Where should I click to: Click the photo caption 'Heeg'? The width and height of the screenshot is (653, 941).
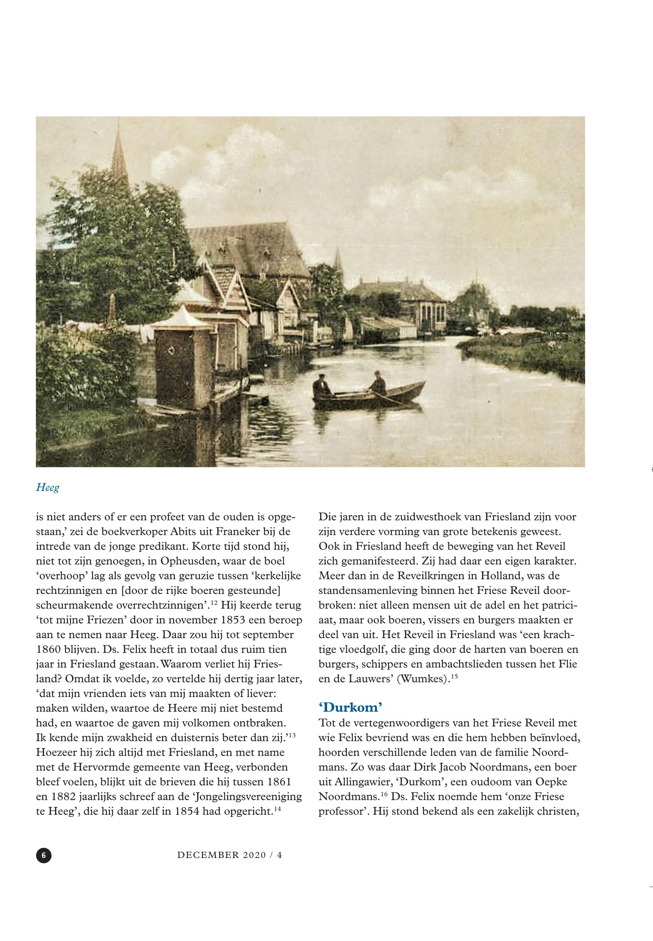(48, 488)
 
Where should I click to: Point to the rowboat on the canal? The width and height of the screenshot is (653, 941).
(368, 395)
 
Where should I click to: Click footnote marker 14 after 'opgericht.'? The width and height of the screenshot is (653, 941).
(277, 808)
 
